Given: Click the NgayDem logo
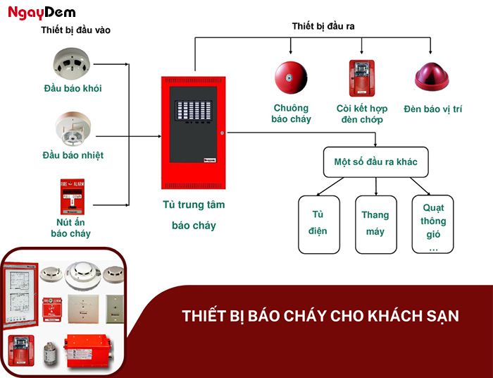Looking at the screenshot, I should [x=42, y=12].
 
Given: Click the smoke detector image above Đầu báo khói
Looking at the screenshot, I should [x=72, y=63].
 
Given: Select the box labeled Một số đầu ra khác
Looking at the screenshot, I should [x=375, y=162].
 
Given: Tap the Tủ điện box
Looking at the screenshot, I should [x=319, y=224].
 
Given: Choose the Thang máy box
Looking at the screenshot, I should [x=375, y=224].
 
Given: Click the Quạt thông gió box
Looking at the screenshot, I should [x=432, y=224].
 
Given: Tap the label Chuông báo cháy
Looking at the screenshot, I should [x=291, y=114].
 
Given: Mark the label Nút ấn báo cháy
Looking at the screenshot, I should [x=70, y=228].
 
